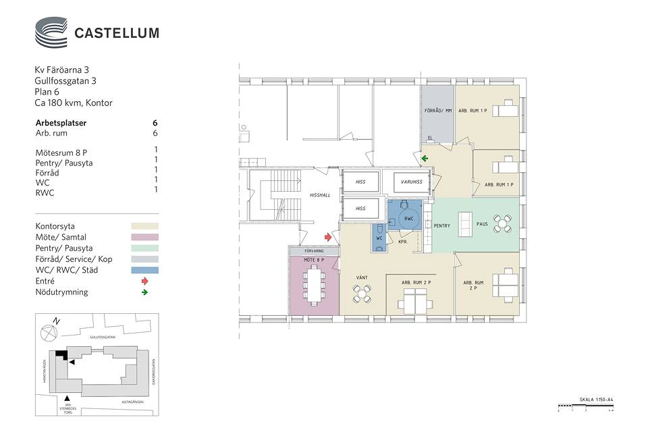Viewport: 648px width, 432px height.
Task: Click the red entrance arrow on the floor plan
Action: (x=329, y=237)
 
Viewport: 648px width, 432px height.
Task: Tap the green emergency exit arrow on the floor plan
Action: (x=425, y=159)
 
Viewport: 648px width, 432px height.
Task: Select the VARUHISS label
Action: (x=410, y=182)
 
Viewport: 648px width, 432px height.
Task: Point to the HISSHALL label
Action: (x=319, y=195)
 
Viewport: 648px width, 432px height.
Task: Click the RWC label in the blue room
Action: (x=408, y=219)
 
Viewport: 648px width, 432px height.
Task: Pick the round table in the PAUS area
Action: (x=502, y=223)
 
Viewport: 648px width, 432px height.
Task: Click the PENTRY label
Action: (x=442, y=225)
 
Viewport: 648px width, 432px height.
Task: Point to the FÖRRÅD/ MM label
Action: (x=437, y=110)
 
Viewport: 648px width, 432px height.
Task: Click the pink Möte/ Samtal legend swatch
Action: (x=144, y=237)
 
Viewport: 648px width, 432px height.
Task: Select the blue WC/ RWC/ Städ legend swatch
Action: (x=144, y=270)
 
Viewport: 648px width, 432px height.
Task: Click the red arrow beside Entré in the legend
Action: (x=144, y=281)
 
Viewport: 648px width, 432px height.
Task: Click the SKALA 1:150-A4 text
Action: (x=596, y=400)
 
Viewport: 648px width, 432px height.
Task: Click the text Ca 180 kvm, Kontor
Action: (x=74, y=103)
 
